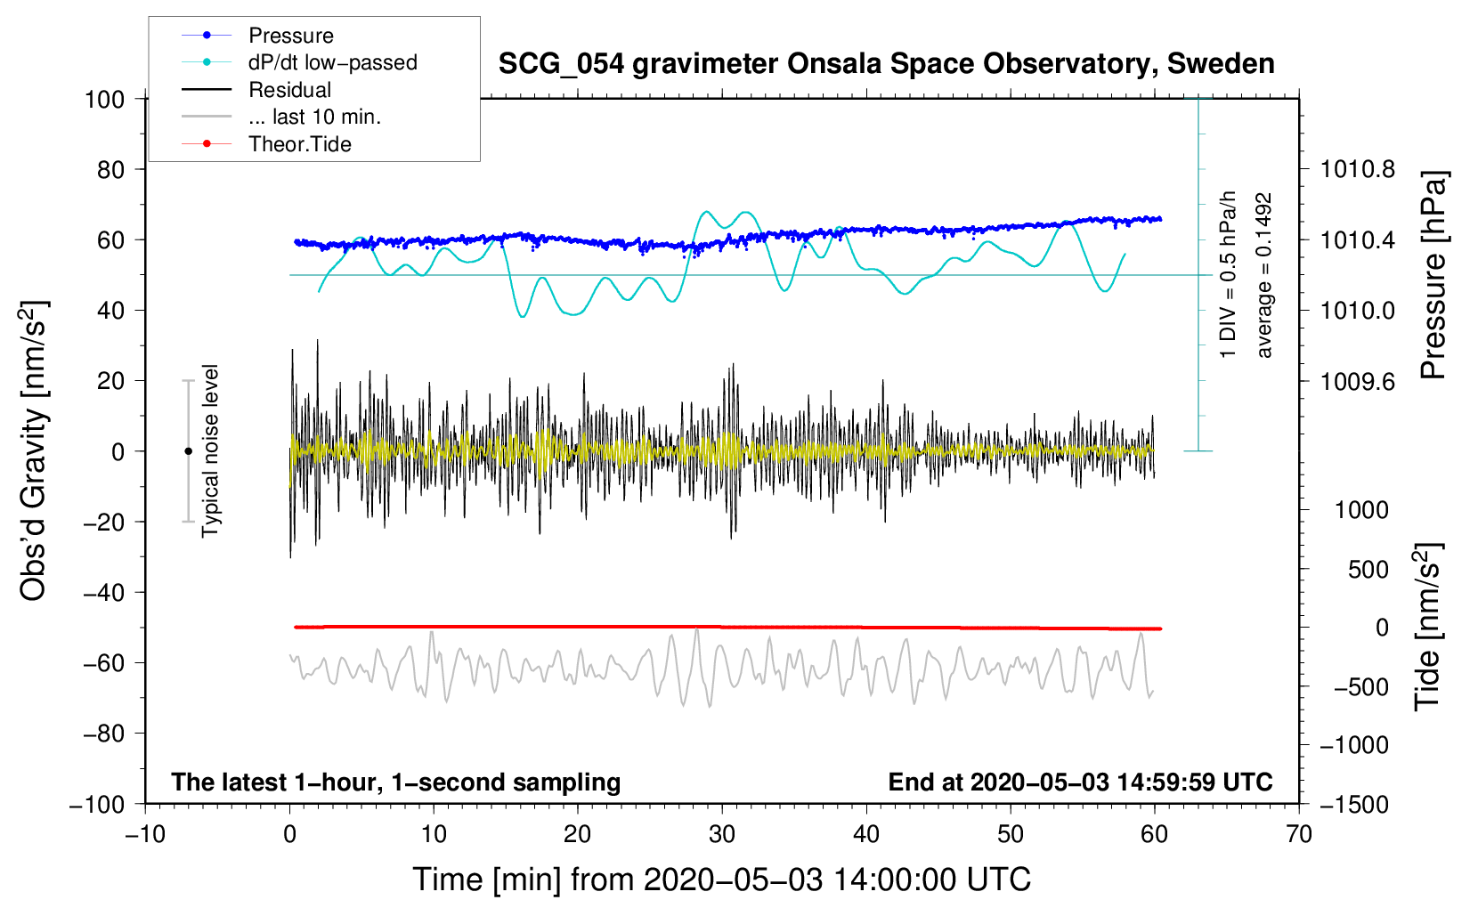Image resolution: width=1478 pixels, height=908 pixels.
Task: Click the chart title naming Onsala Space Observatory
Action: [x=886, y=64]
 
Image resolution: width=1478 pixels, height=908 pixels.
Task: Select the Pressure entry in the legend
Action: [x=290, y=36]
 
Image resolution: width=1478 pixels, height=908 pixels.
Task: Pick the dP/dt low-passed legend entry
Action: [x=332, y=62]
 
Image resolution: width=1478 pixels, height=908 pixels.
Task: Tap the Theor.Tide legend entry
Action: [x=299, y=144]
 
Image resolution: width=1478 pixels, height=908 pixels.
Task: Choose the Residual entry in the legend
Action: [x=289, y=90]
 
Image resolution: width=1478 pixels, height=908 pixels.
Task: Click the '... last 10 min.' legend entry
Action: [x=314, y=117]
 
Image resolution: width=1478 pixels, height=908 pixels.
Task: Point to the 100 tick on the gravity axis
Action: [x=104, y=99]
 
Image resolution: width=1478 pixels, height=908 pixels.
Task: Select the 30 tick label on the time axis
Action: [x=722, y=834]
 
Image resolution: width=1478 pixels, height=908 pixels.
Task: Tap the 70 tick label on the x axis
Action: [x=1299, y=834]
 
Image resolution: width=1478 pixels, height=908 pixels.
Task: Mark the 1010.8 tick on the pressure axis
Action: [x=1357, y=169]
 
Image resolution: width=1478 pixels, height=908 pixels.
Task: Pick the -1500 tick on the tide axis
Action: [x=1353, y=804]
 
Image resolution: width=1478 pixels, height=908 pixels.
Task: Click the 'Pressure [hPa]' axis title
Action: [x=1433, y=275]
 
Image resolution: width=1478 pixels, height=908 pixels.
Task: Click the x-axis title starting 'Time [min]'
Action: [x=721, y=880]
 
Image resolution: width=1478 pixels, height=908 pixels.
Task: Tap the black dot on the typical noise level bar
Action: [x=188, y=451]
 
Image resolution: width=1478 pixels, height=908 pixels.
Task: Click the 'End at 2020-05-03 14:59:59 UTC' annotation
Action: [x=1080, y=782]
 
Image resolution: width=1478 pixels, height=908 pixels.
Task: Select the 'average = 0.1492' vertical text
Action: [x=1263, y=275]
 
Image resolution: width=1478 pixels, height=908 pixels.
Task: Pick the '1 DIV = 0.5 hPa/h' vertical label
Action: [x=1228, y=274]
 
